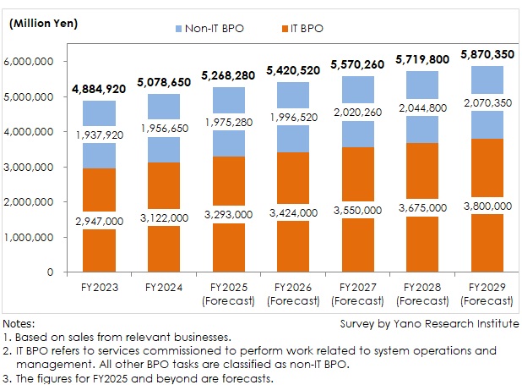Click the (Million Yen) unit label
point(44,23)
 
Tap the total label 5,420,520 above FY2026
point(293,70)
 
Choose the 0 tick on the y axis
point(51,272)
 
